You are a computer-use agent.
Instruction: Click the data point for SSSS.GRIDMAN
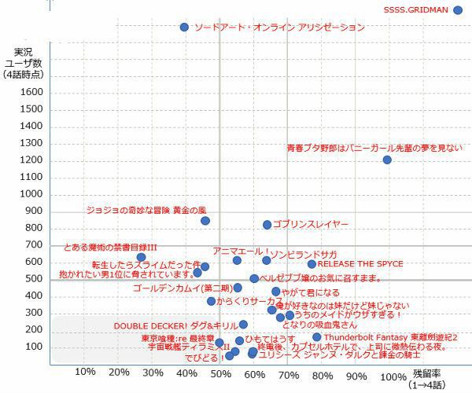(x=458, y=10)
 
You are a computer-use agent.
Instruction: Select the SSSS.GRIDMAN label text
(x=416, y=10)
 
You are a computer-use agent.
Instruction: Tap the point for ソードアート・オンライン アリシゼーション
(x=184, y=27)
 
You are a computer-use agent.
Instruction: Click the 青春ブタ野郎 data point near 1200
(x=387, y=160)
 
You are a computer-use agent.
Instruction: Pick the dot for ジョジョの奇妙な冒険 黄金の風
(x=205, y=221)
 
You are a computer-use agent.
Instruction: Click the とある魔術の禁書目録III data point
(x=141, y=257)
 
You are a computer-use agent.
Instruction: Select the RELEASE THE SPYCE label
(x=360, y=264)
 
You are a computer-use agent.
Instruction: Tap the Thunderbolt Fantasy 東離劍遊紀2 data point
(x=316, y=337)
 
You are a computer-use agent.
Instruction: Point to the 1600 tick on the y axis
(x=31, y=92)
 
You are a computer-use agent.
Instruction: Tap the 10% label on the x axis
(x=84, y=373)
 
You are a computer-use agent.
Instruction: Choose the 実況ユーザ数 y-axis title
(x=24, y=62)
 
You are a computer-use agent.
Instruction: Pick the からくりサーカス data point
(x=211, y=301)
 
